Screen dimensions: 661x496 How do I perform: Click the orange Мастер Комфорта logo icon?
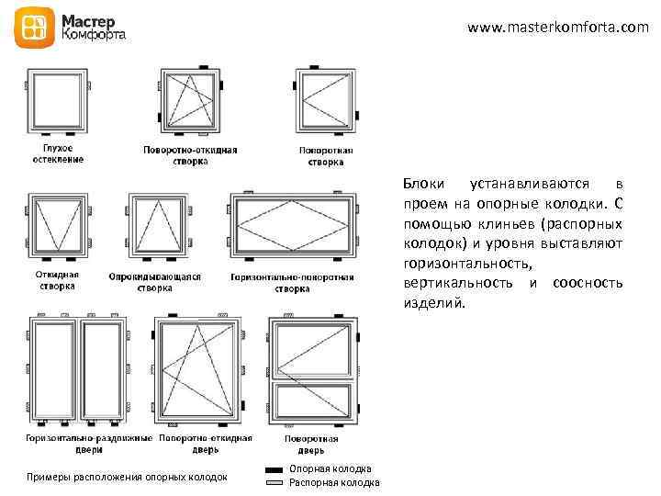coord(34,29)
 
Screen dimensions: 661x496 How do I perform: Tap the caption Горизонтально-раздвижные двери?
coord(89,445)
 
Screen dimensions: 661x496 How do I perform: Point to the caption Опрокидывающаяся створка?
coord(154,282)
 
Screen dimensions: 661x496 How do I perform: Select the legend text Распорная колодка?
coord(334,482)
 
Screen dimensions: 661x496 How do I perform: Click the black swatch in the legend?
coord(274,469)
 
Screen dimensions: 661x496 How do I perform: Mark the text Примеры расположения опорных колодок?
coord(128,477)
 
